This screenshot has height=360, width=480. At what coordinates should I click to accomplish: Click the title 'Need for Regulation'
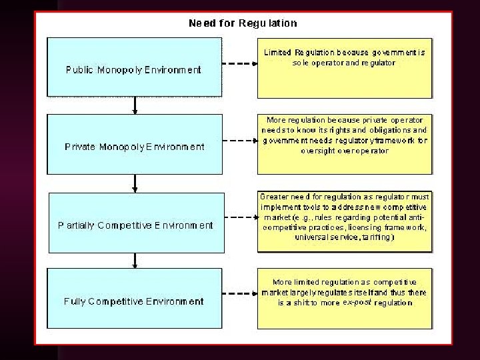coord(243,23)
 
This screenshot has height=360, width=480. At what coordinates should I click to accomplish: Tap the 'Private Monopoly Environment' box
coord(135,144)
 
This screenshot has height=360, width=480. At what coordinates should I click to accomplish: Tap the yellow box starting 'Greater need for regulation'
coord(344,221)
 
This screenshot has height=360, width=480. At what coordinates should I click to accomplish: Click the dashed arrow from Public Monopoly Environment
coord(239,65)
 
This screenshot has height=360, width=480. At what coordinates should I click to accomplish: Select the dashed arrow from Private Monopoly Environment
coord(239,142)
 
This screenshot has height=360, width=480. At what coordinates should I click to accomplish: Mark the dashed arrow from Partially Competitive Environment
coord(239,221)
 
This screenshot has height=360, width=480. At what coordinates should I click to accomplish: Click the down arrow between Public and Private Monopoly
coord(135,105)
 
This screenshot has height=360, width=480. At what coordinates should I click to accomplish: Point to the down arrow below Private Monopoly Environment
coord(135,182)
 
